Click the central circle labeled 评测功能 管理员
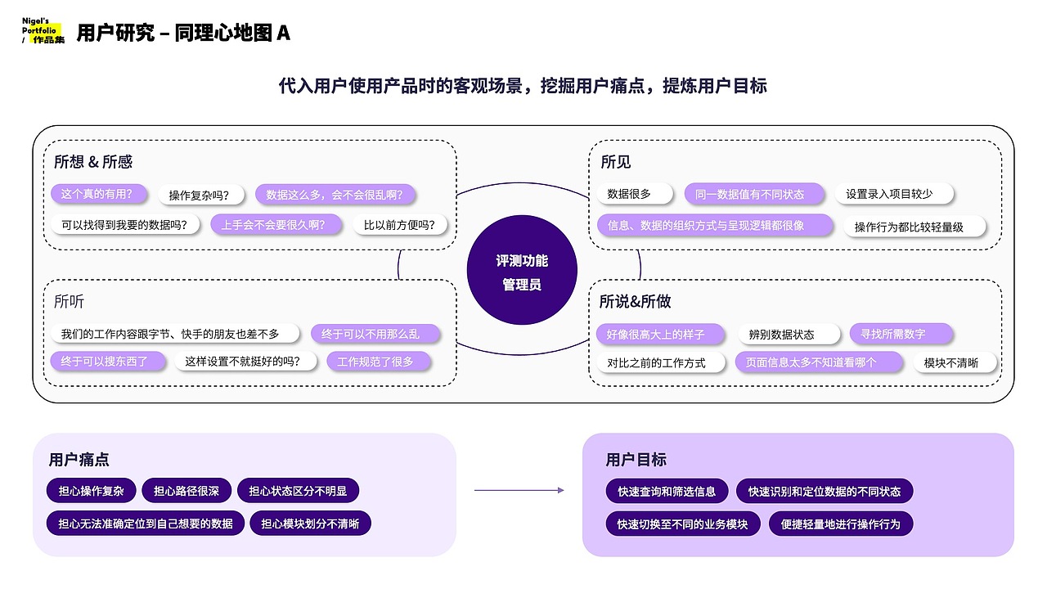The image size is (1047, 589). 522,272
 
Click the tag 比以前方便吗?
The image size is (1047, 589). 399,224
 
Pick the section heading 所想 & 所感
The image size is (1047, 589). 93,162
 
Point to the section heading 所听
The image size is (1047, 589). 69,302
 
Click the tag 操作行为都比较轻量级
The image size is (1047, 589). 914,227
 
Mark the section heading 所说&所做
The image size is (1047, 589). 635,302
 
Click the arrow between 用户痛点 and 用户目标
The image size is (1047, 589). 519,490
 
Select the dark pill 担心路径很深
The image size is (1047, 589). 186,491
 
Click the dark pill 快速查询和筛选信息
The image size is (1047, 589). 667,491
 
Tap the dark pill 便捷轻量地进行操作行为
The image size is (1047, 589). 840,524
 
